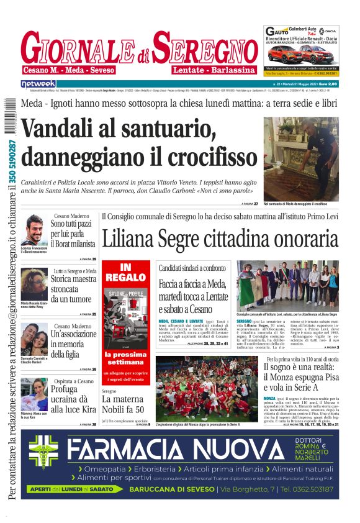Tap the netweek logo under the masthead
point(38,84)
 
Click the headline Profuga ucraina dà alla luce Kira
point(73,398)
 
